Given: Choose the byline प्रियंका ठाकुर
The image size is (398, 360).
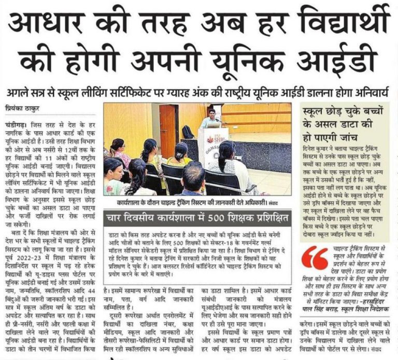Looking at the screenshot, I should [x=25, y=109].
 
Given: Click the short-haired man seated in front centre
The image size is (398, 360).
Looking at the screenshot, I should [x=193, y=179].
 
